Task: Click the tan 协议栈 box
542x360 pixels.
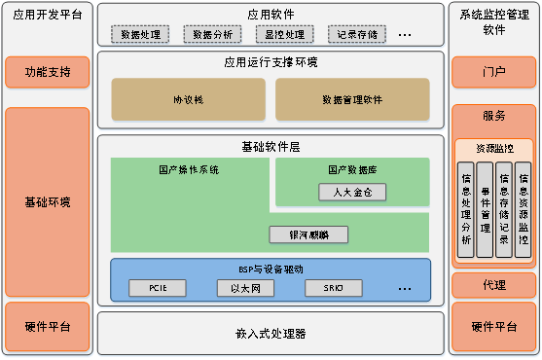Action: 188,99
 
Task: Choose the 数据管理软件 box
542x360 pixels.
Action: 352,99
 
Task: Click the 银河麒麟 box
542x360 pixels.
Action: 308,234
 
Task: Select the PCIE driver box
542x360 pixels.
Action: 160,288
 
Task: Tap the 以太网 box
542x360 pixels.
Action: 246,288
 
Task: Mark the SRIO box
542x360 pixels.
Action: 333,288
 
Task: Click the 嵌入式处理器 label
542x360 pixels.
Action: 271,333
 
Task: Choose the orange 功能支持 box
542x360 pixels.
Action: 48,72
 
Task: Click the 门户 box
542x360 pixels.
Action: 494,72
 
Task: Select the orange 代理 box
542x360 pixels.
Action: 494,285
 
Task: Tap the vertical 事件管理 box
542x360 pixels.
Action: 484,208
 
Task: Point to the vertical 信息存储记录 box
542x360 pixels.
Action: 503,208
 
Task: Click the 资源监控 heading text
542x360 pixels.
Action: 494,148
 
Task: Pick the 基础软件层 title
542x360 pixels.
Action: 271,147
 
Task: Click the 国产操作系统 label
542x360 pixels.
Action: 189,168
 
